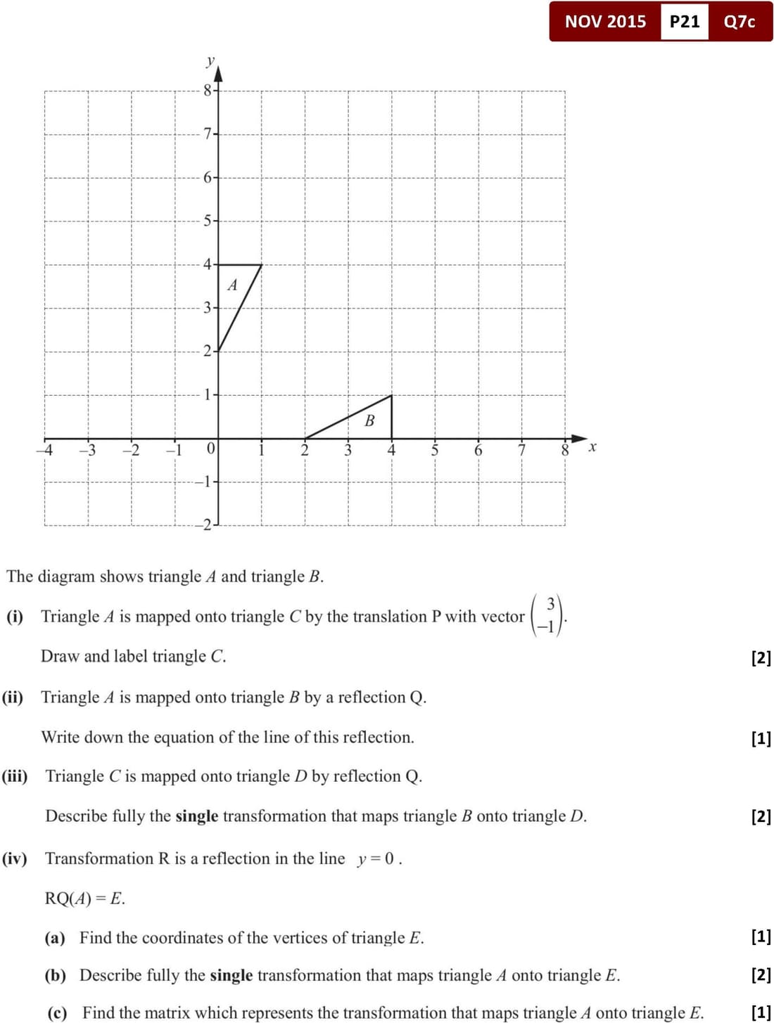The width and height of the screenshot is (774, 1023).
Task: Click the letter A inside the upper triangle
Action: (x=232, y=285)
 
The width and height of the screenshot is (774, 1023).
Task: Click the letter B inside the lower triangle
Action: (x=369, y=420)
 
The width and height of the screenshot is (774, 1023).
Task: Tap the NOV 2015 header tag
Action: (x=605, y=21)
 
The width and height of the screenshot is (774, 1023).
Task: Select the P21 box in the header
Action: (x=684, y=21)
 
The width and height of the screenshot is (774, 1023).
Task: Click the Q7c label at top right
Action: (x=739, y=21)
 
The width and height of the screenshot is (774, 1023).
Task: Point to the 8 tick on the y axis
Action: (x=208, y=90)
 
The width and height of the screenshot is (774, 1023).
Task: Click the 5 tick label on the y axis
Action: (x=208, y=221)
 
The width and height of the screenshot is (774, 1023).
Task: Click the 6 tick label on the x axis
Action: (x=478, y=450)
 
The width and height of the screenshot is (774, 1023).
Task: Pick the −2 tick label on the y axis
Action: (x=203, y=525)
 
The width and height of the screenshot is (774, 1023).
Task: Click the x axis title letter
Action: (x=592, y=446)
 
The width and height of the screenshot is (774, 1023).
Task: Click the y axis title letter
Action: (x=210, y=60)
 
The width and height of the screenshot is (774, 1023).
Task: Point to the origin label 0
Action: (x=210, y=449)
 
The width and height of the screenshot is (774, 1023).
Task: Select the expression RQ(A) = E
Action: (x=85, y=898)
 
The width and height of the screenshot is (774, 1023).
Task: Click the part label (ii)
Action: (x=13, y=697)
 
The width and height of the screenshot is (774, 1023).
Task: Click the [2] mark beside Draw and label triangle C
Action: (x=761, y=657)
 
